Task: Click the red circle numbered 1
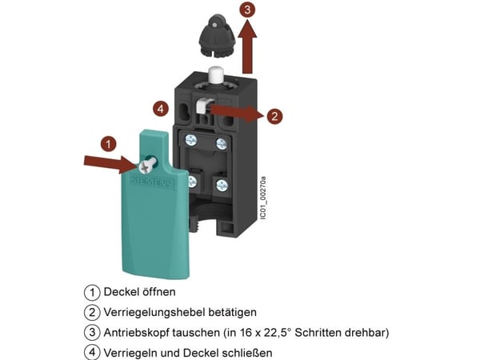[108, 143]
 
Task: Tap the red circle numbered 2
[274, 116]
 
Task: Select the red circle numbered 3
[247, 10]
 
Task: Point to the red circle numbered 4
[161, 109]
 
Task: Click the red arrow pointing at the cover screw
[111, 162]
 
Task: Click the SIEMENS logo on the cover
[152, 182]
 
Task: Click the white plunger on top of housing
[216, 76]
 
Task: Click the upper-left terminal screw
[191, 141]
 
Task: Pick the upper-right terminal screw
[222, 143]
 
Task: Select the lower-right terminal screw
[222, 185]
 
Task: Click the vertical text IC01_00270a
[262, 198]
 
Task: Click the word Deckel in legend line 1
[122, 292]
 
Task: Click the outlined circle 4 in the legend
[92, 353]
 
